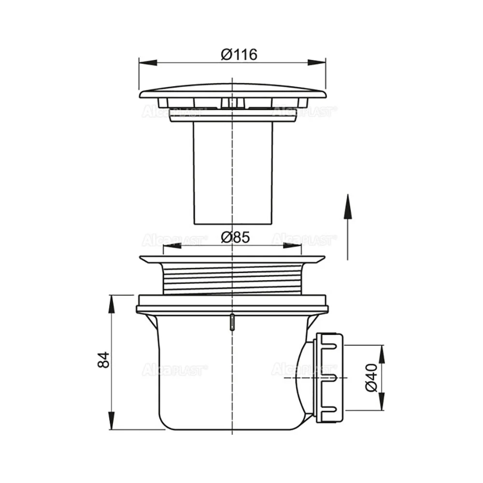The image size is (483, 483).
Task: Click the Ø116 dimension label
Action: click(x=239, y=55)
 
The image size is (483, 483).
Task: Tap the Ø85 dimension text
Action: click(x=235, y=238)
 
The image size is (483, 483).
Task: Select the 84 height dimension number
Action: click(x=103, y=359)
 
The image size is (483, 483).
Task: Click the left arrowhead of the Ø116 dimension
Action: click(x=148, y=62)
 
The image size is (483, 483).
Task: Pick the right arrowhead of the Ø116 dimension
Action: click(x=316, y=62)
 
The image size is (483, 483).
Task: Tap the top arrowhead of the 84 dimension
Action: click(x=112, y=304)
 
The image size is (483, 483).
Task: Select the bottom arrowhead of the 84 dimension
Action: click(x=112, y=420)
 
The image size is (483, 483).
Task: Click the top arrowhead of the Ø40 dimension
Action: click(x=382, y=354)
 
